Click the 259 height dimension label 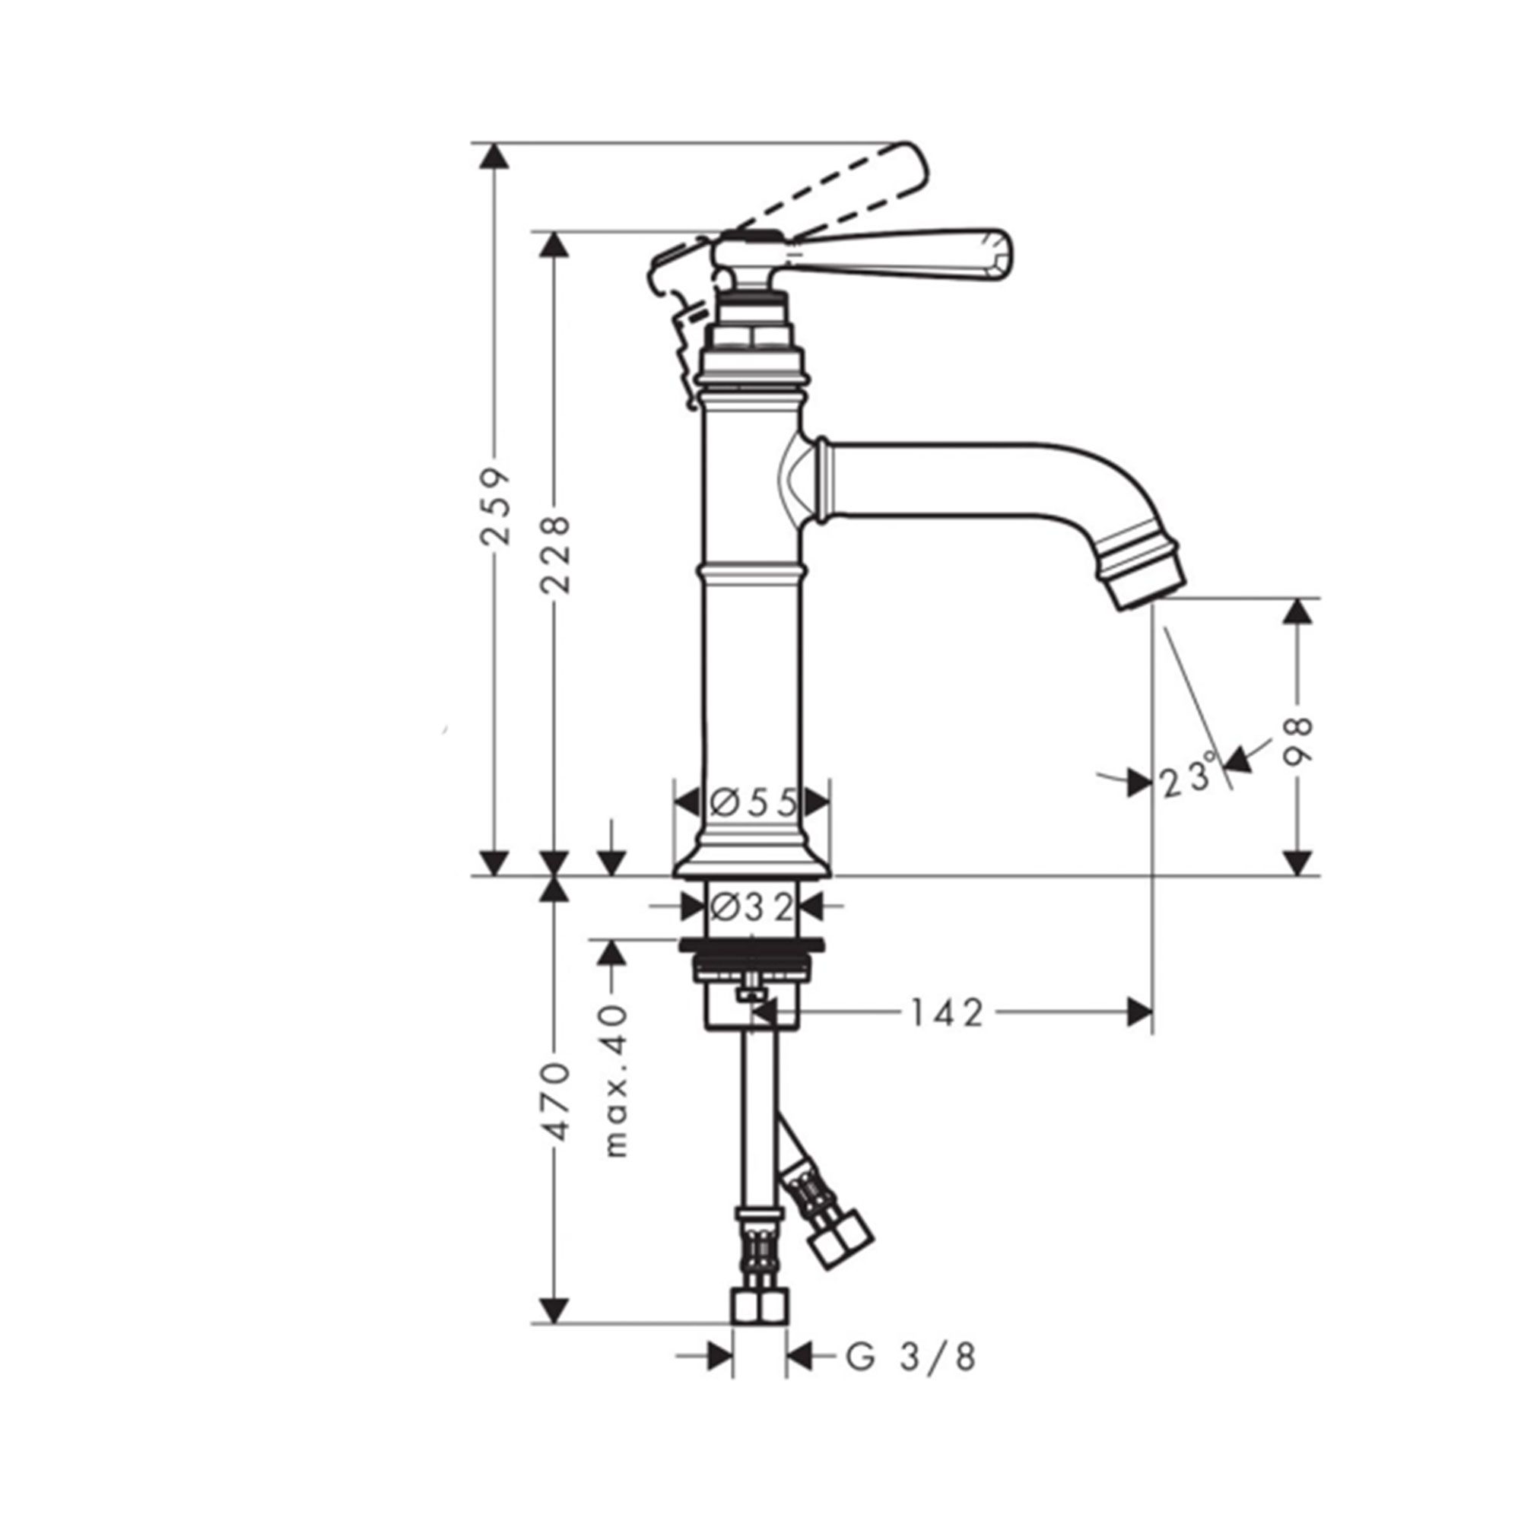pyautogui.click(x=495, y=506)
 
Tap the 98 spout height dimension pyautogui.click(x=1297, y=741)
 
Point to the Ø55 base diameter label pyautogui.click(x=753, y=804)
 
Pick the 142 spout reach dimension pyautogui.click(x=947, y=1013)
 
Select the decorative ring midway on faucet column pyautogui.click(x=752, y=573)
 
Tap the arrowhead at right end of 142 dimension pyautogui.click(x=1140, y=1012)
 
